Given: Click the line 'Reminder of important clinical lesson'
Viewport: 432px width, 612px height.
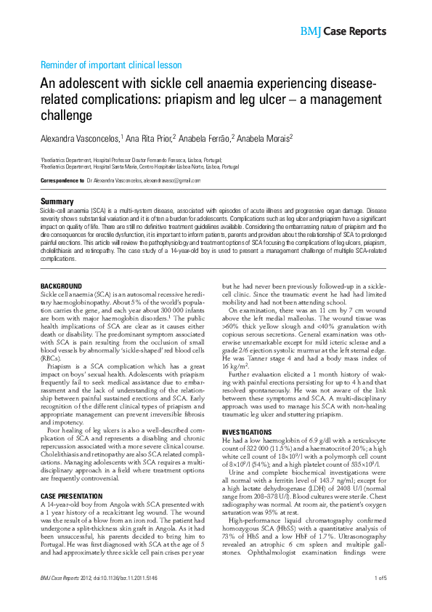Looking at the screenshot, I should tap(110, 65).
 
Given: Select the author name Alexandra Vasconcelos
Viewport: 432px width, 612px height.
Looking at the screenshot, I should tap(80, 137).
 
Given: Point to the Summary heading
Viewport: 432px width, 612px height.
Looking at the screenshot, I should tap(56, 201).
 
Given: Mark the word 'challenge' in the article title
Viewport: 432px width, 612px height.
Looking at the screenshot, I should tap(66, 116).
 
